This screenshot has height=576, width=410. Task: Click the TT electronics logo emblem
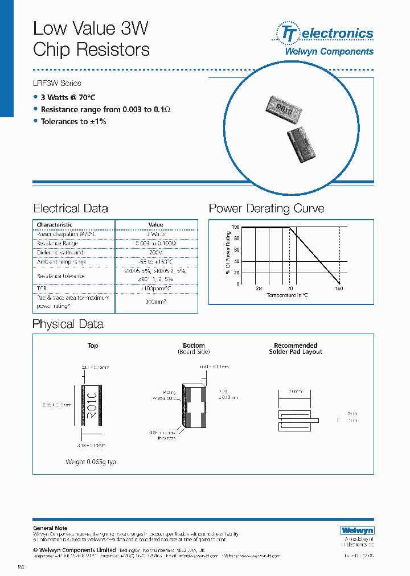pos(287,33)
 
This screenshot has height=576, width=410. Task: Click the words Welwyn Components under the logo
pos(329,51)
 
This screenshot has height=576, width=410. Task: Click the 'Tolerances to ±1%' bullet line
pos(73,121)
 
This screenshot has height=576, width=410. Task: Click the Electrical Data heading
pos(71,208)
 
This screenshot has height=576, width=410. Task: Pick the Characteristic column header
pos(55,225)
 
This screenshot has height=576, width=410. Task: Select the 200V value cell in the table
pos(155,252)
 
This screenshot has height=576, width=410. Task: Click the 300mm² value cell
pos(155,302)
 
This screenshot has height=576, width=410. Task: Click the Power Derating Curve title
pos(266,208)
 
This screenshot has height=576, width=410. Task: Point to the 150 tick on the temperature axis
pos(339,289)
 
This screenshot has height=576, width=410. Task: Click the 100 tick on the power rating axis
pos(235,228)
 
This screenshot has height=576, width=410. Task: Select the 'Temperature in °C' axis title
pos(288,295)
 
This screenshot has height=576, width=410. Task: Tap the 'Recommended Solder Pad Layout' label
pos(296,348)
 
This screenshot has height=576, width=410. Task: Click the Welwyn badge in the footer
pos(357,530)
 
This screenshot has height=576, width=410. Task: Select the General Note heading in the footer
pos(50,528)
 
